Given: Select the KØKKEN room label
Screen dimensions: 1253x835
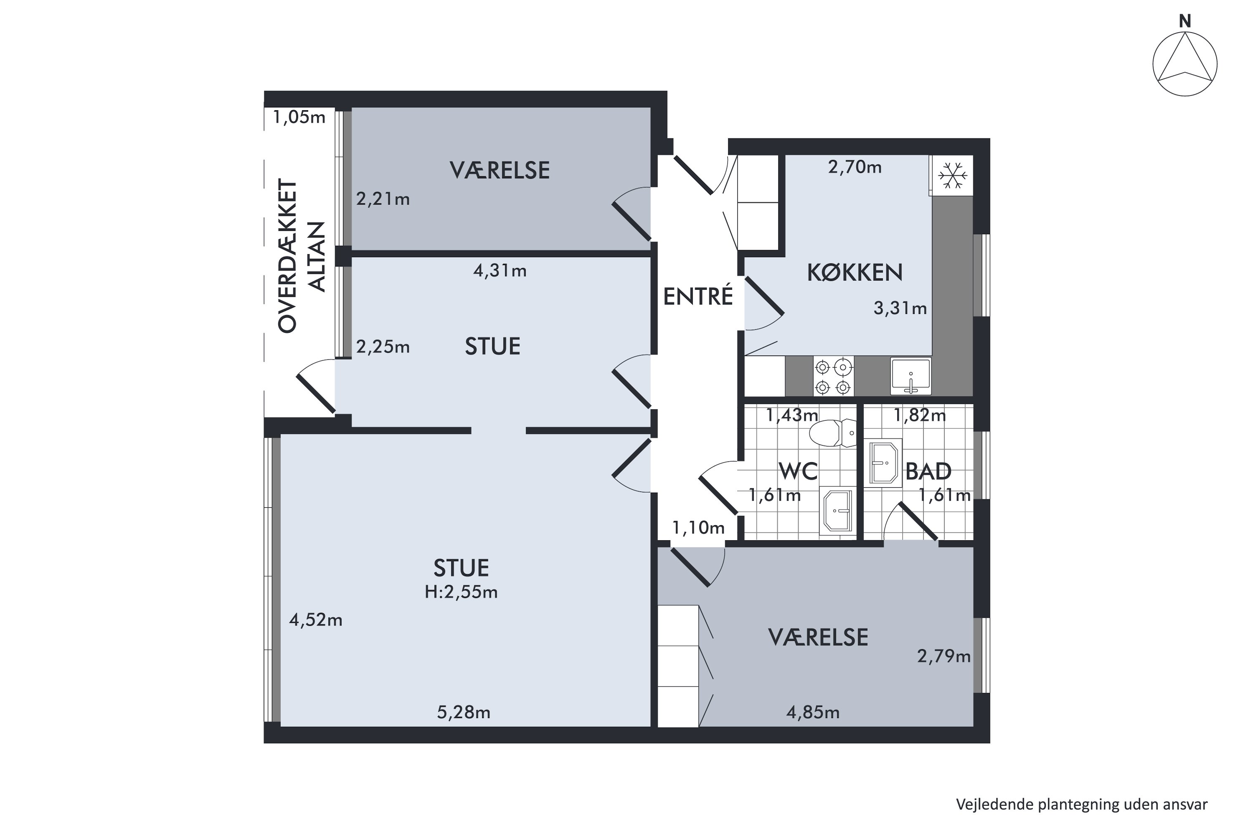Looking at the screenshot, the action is (855, 273).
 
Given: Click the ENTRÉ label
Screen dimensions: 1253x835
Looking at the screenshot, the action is (698, 296).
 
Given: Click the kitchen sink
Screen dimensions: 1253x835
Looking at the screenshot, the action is (911, 376).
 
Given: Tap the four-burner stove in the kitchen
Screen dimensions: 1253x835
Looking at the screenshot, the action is (833, 377).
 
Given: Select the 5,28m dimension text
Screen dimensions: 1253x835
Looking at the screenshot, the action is (464, 713).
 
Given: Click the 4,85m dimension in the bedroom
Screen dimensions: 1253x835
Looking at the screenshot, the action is (813, 713).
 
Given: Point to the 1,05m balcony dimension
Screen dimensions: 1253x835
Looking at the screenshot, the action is (299, 117).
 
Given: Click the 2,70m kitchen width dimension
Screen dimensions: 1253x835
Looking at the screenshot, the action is (855, 167).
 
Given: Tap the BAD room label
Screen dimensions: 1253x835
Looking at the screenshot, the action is (928, 471).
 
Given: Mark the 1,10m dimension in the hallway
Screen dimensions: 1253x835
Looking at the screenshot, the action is (698, 528).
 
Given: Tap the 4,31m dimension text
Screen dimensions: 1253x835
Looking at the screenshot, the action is (500, 271).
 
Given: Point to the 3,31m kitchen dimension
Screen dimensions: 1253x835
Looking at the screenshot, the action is (900, 309).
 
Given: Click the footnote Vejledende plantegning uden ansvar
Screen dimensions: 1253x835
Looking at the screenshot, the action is (1081, 804).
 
